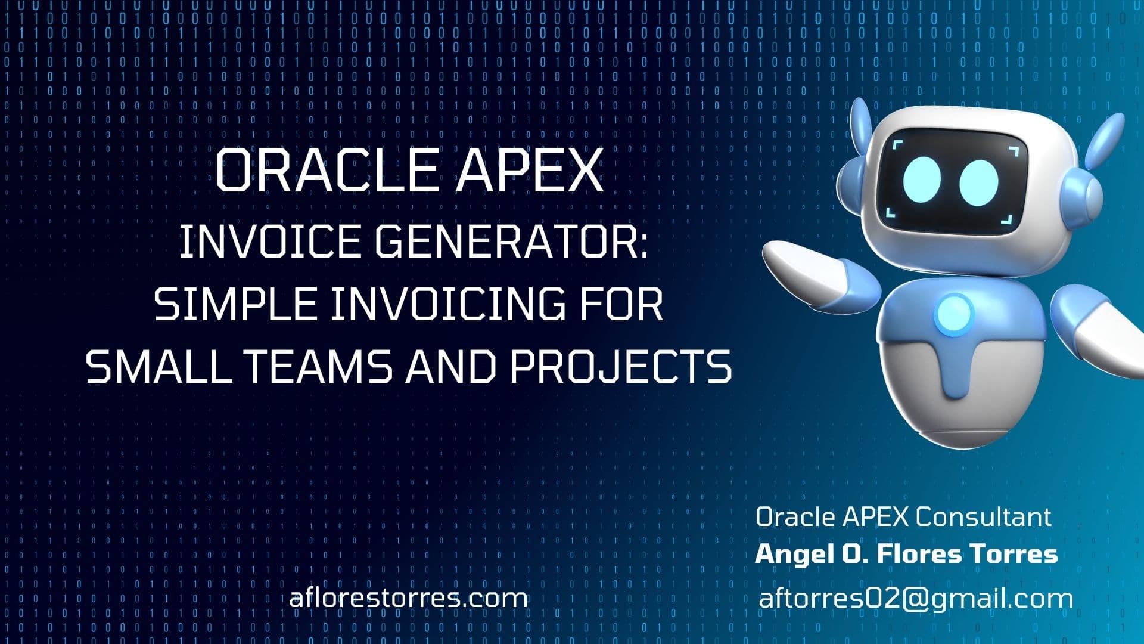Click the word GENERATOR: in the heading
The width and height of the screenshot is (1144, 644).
click(511, 243)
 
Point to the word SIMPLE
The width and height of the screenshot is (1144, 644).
click(235, 305)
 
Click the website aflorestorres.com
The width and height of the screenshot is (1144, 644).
click(408, 598)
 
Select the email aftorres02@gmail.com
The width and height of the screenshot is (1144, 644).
click(916, 598)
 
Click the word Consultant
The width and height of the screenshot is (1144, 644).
click(983, 517)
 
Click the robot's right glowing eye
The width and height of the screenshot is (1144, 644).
click(978, 182)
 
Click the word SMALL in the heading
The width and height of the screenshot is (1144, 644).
click(158, 366)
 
